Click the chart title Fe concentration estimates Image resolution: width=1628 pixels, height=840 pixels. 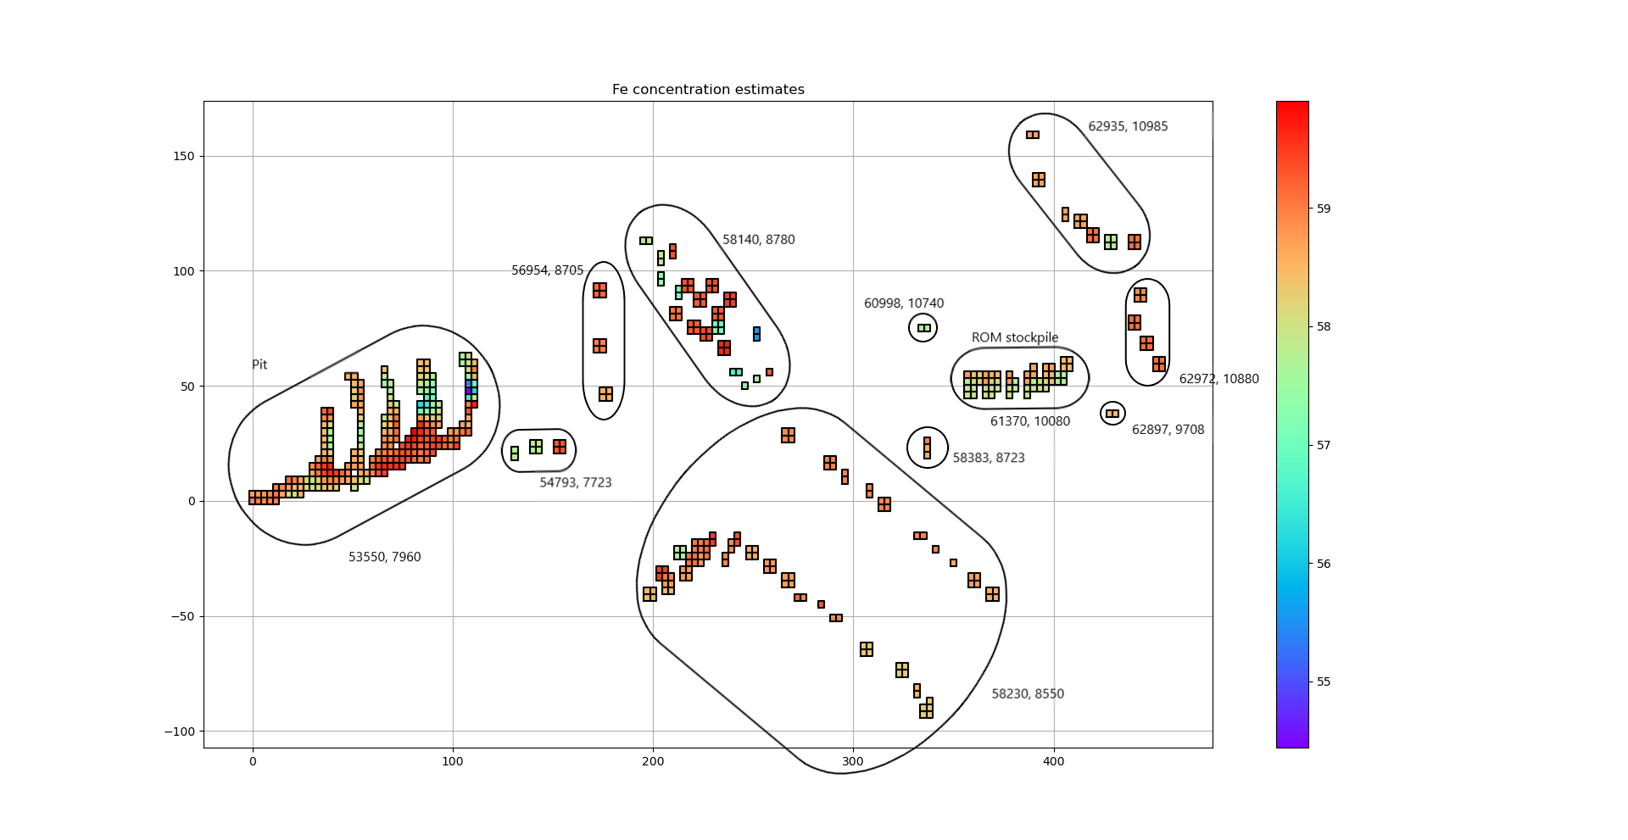pos(708,90)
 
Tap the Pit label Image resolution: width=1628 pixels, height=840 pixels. pos(259,364)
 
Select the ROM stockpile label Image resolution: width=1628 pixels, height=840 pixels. pos(1015,337)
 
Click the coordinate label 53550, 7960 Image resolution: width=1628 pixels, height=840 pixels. pos(384,557)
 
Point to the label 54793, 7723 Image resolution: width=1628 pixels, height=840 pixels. pos(576,482)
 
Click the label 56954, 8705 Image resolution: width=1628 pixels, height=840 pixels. pos(547,270)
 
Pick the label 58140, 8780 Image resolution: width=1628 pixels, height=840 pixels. pos(758,240)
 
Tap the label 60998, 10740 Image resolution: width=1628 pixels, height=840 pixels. pos(903,303)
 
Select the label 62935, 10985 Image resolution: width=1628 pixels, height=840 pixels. pos(1128,126)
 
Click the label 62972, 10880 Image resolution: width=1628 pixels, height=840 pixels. pos(1218,379)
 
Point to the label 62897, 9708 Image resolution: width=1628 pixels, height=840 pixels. pos(1168,430)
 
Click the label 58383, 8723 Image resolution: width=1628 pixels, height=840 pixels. pos(988,458)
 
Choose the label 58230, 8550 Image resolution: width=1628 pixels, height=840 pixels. pos(1028,693)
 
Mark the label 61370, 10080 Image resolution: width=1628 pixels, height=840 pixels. pos(1029,421)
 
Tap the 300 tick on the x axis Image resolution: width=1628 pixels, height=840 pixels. pos(853,761)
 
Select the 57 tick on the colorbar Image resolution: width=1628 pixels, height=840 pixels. pos(1324,445)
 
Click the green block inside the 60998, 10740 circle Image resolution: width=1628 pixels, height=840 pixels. pos(923,328)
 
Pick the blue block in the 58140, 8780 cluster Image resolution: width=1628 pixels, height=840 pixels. pos(756,334)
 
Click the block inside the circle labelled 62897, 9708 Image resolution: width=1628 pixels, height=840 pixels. pos(1112,414)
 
